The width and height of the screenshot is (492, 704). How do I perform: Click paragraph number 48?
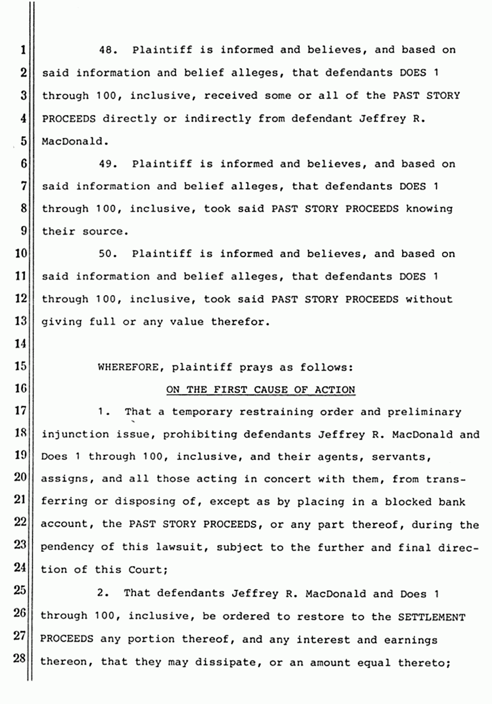coord(108,50)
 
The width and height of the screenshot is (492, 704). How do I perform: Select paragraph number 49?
coord(108,164)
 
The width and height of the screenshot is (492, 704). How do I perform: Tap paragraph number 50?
coord(108,254)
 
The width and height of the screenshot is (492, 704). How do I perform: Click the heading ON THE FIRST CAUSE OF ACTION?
coord(260,390)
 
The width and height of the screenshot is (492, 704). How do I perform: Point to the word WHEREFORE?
coord(126,367)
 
